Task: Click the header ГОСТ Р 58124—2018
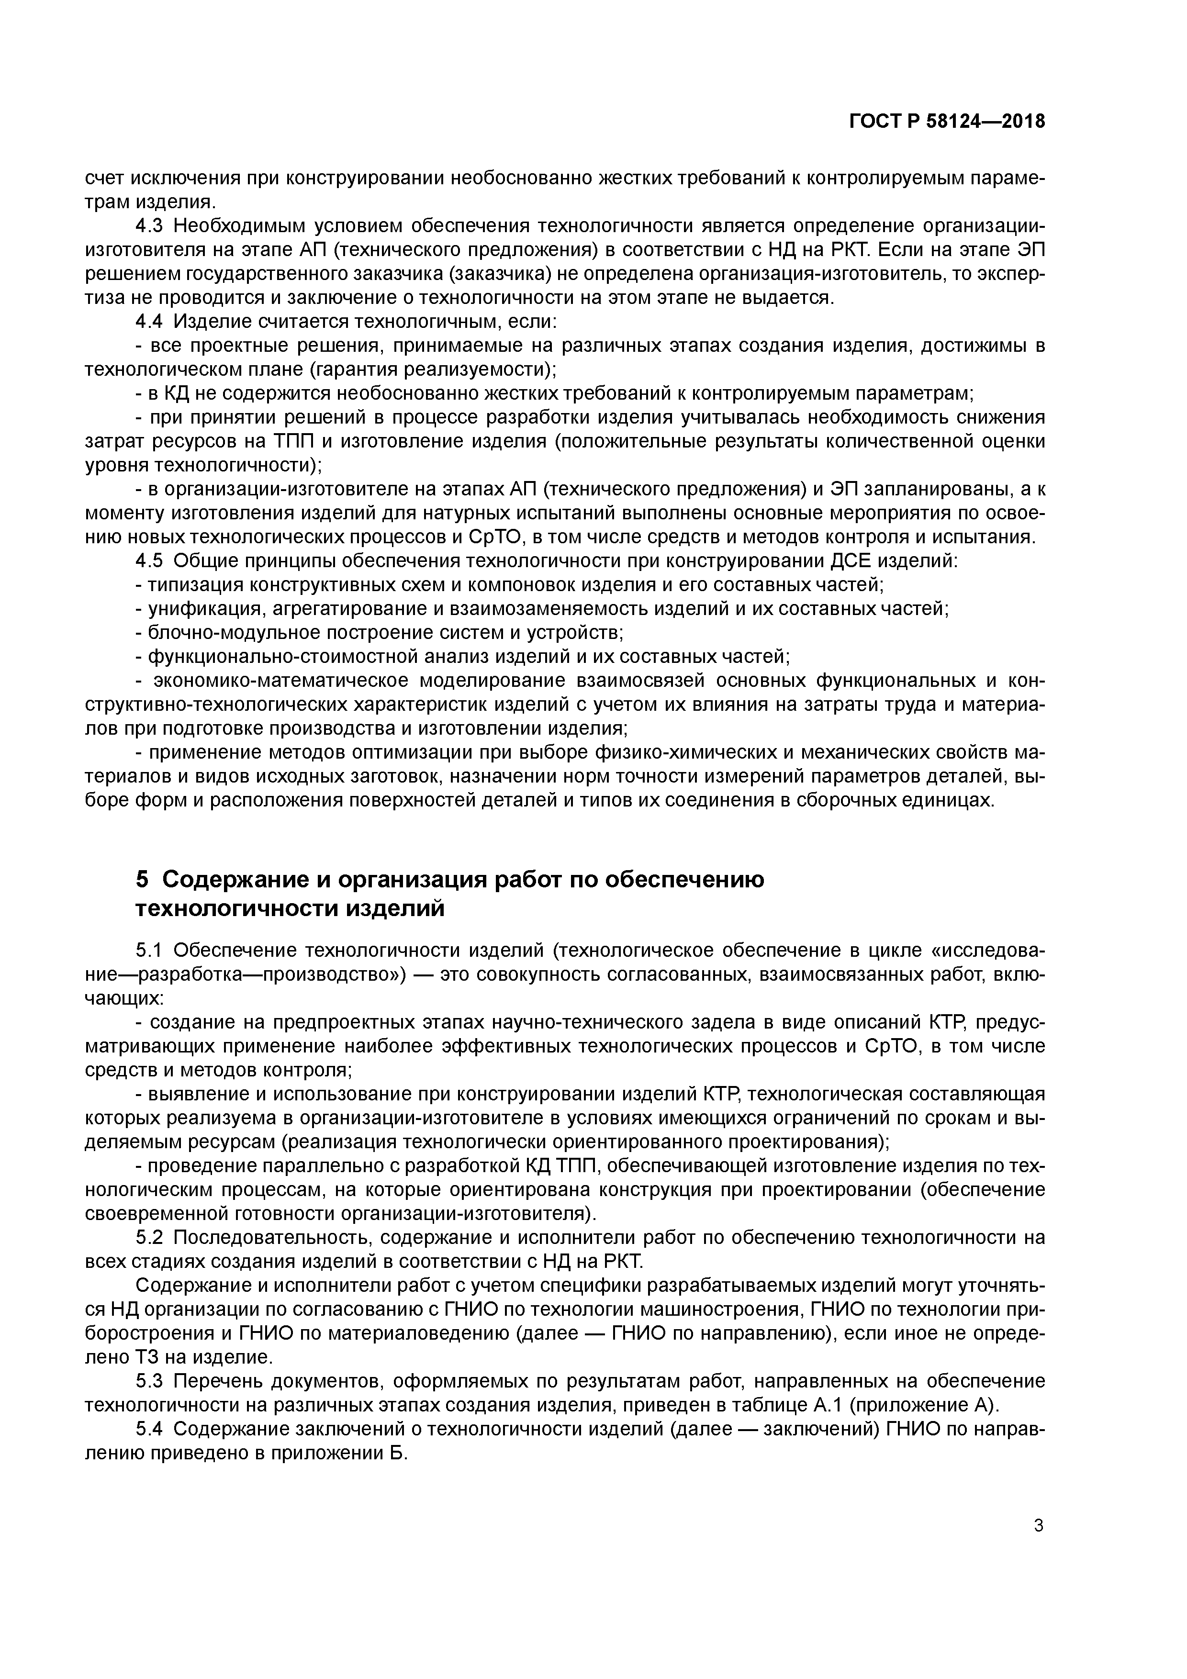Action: tap(946, 122)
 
